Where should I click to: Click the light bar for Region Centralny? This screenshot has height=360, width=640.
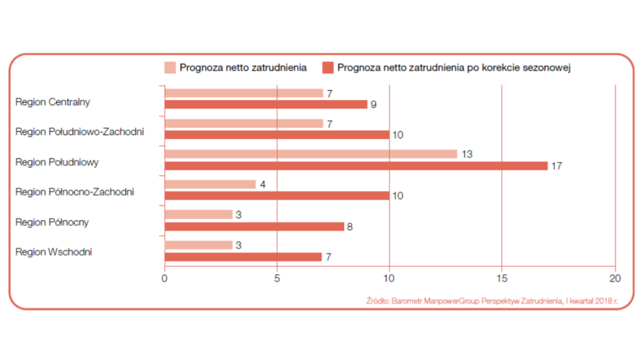click(x=244, y=93)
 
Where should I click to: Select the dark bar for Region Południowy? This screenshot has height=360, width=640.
click(x=356, y=166)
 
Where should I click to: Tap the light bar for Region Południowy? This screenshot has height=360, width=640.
click(x=311, y=154)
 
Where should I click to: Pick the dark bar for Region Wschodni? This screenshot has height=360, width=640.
click(x=243, y=257)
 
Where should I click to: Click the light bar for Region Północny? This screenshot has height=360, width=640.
click(x=199, y=214)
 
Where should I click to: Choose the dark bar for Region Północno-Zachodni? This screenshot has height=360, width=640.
click(x=277, y=196)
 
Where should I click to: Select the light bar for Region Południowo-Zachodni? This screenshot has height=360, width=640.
click(x=244, y=124)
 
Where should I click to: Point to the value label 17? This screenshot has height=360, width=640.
click(x=557, y=166)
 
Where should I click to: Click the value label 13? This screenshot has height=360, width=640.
click(x=467, y=154)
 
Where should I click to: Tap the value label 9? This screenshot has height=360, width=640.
click(x=374, y=105)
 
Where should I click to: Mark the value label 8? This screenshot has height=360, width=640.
click(x=350, y=227)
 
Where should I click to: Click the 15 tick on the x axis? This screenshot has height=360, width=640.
click(x=502, y=278)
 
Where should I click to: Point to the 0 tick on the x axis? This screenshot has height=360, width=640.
click(x=164, y=278)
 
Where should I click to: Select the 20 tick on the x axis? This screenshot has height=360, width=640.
click(x=615, y=278)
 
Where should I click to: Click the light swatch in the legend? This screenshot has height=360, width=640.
click(x=170, y=68)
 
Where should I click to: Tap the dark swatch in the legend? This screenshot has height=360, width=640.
click(x=327, y=68)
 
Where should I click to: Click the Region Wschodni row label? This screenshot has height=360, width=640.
click(x=53, y=252)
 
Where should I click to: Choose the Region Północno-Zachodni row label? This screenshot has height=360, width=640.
click(x=75, y=191)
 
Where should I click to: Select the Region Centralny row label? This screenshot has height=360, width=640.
click(x=53, y=102)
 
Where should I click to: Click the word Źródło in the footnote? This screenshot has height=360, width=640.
click(x=378, y=301)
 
